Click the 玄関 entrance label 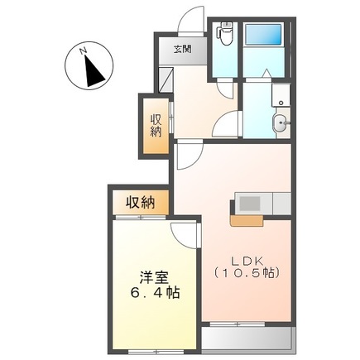coord(183,49)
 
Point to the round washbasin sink coord(279,124)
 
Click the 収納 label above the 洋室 coord(140,201)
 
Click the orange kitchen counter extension coord(247,220)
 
